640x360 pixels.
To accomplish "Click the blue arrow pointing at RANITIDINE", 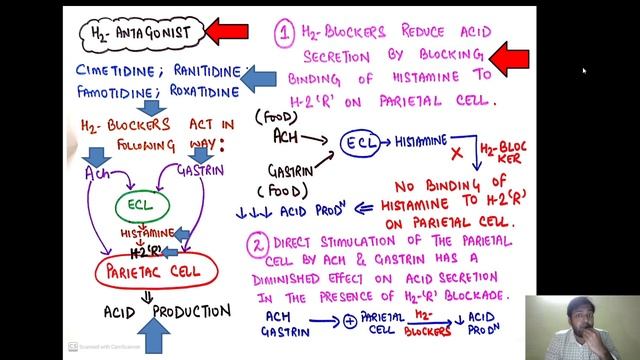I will [x=262, y=76].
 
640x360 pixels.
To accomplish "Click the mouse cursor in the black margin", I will [x=585, y=71].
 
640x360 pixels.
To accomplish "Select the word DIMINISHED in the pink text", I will [x=319, y=279].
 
